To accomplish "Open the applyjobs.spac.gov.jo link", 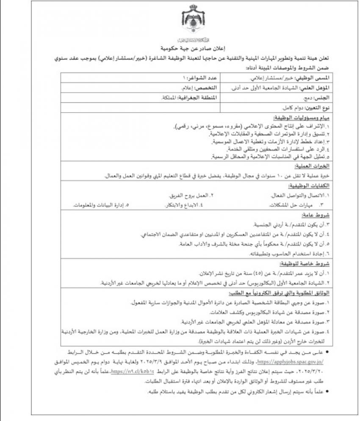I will click(290, 363).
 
